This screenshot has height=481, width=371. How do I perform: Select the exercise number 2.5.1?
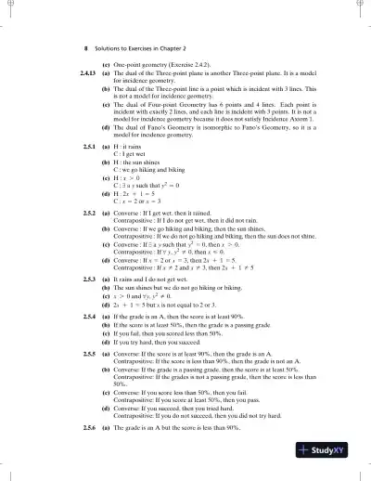click(88, 149)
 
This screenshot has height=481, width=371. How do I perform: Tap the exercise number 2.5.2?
click(88, 213)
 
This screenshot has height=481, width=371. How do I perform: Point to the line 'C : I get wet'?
click(131, 156)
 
